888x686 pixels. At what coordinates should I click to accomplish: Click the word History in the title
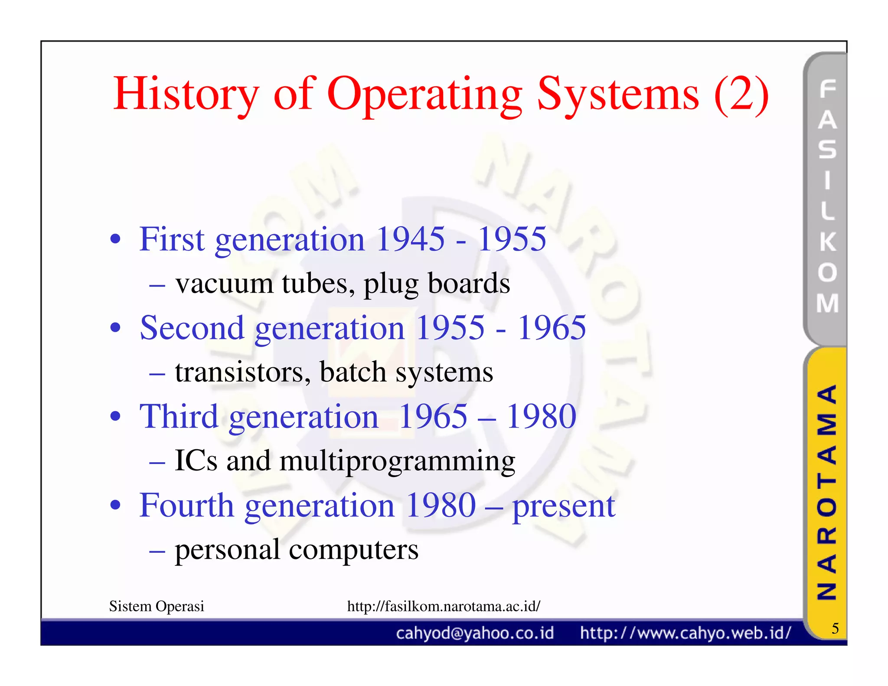pos(186,95)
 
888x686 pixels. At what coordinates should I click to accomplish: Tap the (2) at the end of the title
pos(741,95)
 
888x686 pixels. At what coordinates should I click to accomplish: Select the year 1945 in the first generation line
pos(410,239)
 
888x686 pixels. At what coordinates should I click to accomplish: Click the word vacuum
pos(224,284)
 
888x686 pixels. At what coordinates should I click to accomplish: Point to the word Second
pos(192,328)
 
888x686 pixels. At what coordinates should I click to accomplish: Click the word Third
pos(179,417)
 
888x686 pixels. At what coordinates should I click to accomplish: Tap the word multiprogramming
pos(397,461)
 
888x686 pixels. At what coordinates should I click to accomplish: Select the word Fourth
pos(186,506)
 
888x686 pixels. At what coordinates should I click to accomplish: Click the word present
pos(564,506)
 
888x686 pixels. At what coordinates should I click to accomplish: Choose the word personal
pos(227,550)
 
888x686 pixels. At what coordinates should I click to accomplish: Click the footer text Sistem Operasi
pos(157,606)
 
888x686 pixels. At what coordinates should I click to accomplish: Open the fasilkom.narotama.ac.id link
pos(444,606)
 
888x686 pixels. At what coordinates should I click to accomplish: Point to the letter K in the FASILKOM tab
pos(827,242)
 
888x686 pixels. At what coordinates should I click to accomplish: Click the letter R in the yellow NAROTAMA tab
pos(826,536)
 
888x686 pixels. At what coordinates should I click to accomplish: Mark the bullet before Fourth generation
pos(115,505)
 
